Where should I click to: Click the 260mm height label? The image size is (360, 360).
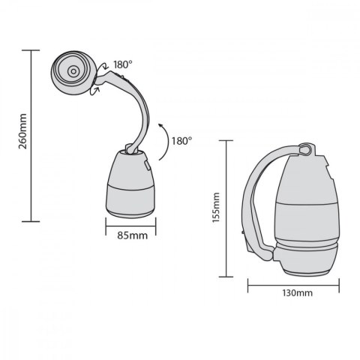(22, 136)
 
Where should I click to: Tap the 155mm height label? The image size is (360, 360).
(216, 208)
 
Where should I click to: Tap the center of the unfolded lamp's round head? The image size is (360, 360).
(73, 71)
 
